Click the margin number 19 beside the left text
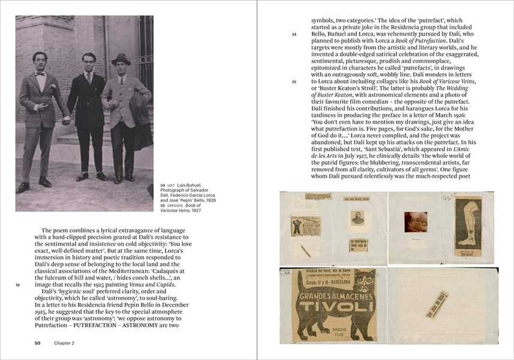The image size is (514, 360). pos(19,285)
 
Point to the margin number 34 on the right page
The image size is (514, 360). pos(294,35)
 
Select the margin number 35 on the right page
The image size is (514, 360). pos(294,82)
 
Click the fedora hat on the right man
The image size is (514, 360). pos(121,59)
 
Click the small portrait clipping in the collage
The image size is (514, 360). pos(358,218)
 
